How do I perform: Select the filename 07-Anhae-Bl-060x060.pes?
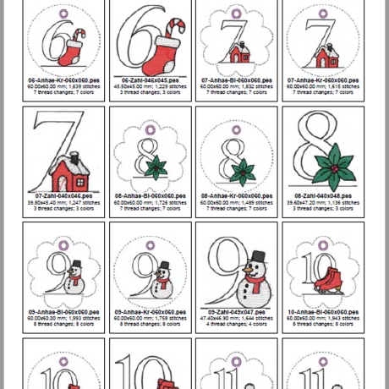tap(236, 79)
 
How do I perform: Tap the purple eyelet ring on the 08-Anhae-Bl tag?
tap(150, 129)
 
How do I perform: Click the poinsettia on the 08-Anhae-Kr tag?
tap(244, 172)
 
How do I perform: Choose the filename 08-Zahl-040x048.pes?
tap(323, 196)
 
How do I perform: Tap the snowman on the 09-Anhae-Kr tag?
tap(162, 278)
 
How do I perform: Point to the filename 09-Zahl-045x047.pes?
tap(236, 312)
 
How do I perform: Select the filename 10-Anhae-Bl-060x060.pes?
tap(323, 312)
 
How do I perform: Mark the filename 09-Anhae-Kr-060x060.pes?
tap(150, 312)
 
